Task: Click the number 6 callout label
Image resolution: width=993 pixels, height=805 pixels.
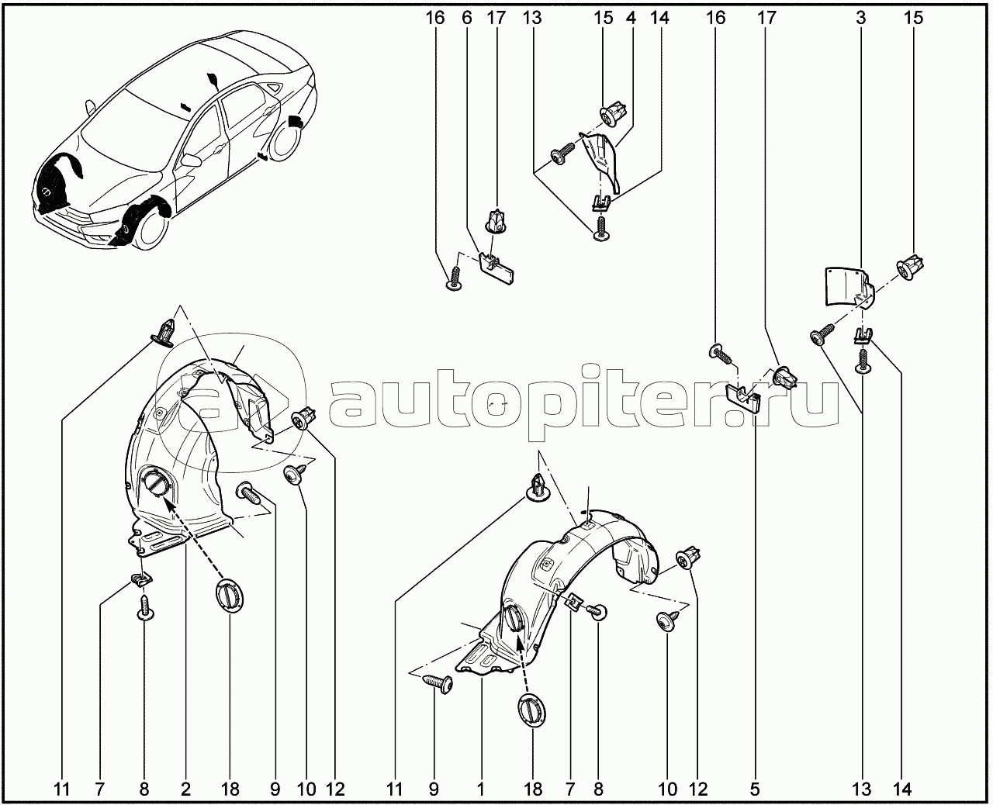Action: tap(467, 18)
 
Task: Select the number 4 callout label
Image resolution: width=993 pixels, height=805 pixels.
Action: tap(631, 18)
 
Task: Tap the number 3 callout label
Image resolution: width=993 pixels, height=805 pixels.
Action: tap(860, 18)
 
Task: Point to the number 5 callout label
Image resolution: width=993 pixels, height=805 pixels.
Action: tap(755, 789)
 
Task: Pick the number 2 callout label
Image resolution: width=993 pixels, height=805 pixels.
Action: tap(185, 789)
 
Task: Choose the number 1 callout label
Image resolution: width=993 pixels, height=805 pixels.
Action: tap(481, 789)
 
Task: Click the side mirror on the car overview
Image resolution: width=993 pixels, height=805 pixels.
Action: tap(90, 108)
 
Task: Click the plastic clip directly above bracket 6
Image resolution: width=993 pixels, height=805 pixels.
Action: tap(496, 221)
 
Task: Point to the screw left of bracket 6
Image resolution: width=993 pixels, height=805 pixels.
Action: tap(455, 278)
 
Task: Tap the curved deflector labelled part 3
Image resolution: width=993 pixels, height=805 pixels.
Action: tap(848, 288)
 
